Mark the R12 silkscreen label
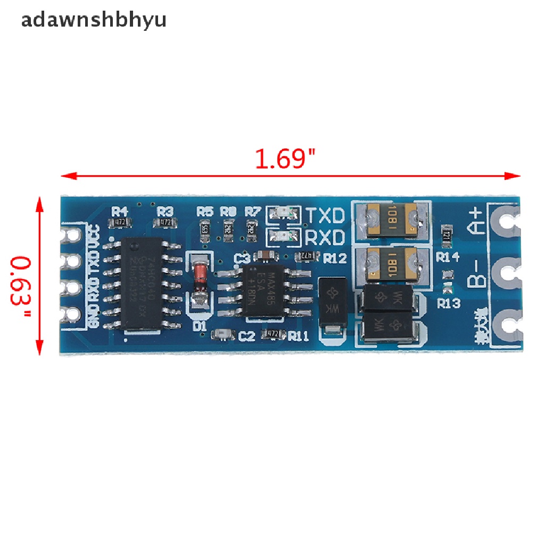pos(335,259)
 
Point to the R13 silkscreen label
pos(448,304)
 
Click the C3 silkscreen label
pos(242,259)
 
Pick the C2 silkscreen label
pos(246,335)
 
